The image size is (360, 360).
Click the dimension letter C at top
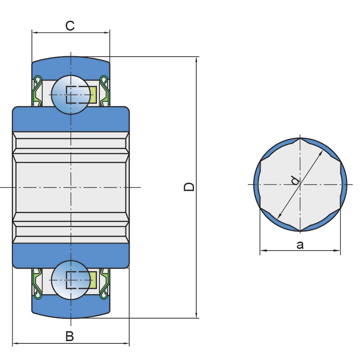(70, 26)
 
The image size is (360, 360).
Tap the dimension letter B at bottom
(70, 336)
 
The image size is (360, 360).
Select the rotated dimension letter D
(189, 187)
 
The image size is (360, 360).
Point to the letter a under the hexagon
(300, 245)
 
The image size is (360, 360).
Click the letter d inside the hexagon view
(295, 180)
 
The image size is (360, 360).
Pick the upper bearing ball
(71, 94)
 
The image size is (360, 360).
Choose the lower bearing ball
(71, 280)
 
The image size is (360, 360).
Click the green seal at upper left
(37, 91)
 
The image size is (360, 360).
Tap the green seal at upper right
(104, 91)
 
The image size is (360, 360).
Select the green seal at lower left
(37, 283)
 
